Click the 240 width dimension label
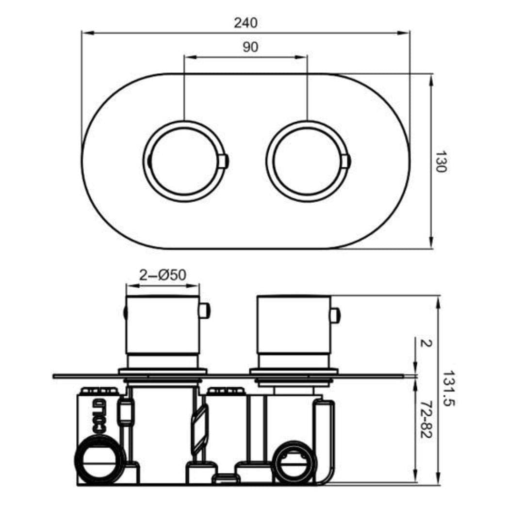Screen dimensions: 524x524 point(246,23)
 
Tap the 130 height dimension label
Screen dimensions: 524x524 point(440,162)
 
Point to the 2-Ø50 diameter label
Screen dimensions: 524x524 point(163,275)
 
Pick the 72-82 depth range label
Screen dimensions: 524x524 point(426,420)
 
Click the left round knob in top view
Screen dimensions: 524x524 point(184,161)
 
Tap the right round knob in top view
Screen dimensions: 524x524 point(307,161)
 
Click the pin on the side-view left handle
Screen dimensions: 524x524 point(204,311)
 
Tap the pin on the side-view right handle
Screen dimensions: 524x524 point(335,315)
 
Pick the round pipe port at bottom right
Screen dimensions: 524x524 point(295,462)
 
